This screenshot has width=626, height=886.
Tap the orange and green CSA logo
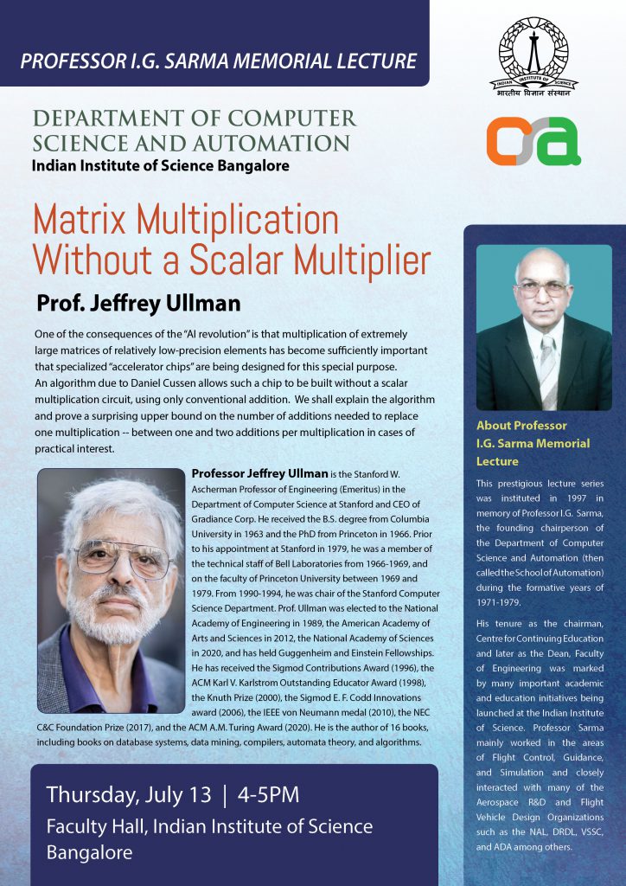(533, 141)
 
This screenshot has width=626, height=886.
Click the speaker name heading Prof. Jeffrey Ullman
(138, 305)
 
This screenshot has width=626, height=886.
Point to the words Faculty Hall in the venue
(95, 825)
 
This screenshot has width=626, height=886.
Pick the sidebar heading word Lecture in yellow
(497, 461)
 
